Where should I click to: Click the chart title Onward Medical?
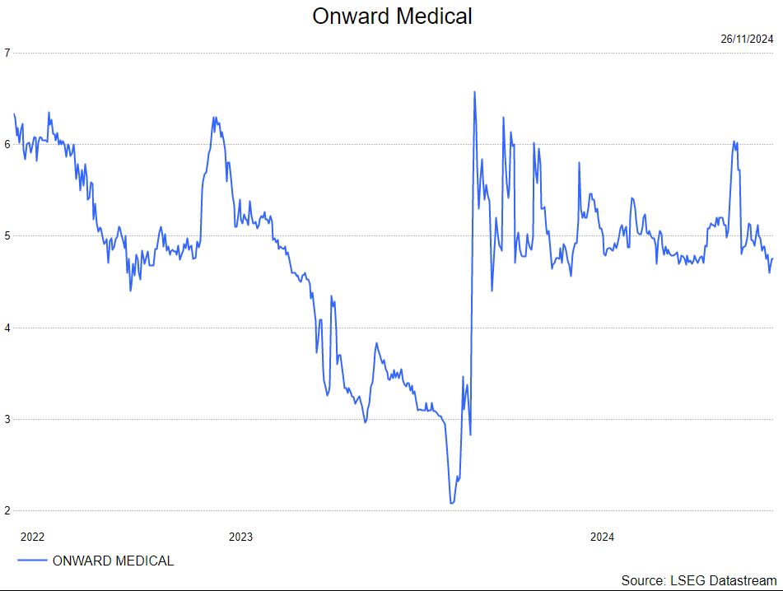[392, 16]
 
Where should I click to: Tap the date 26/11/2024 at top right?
[747, 39]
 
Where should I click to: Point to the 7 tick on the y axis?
[7, 53]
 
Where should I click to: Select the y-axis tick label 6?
[7, 144]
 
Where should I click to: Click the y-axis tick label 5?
[7, 236]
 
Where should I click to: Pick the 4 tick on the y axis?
[7, 328]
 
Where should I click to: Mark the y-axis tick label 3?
[7, 420]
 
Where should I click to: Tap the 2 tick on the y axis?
[7, 511]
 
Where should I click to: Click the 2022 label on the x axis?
[32, 537]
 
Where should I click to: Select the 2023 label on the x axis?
[240, 537]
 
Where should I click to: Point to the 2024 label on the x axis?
[602, 537]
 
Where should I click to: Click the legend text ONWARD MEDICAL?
[113, 561]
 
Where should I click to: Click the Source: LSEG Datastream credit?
[698, 579]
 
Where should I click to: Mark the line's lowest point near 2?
[451, 503]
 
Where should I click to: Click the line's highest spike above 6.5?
[474, 92]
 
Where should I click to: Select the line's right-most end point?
[772, 258]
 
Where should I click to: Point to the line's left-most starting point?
[14, 114]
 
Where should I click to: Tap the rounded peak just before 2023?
[214, 118]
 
